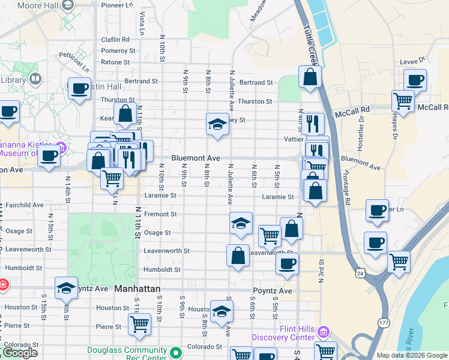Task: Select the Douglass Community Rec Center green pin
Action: (175, 352)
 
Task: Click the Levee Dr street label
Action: (413, 60)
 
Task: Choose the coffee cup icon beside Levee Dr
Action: (415, 80)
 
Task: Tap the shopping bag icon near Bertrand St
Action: (310, 77)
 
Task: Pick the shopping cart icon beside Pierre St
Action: (139, 325)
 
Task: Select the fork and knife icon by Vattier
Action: (313, 124)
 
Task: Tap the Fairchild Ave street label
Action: (22, 205)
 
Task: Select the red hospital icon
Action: (3, 284)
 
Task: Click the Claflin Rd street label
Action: (115, 40)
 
